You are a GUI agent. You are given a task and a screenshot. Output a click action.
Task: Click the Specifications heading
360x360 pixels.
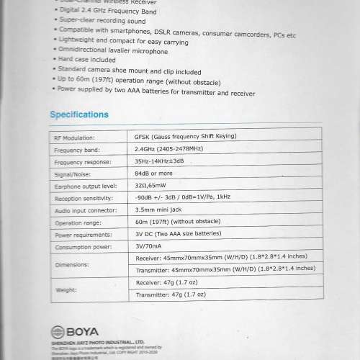coord(79,114)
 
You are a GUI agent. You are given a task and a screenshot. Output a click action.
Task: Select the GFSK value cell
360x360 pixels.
coord(185,137)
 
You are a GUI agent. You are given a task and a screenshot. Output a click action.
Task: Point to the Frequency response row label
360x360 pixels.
coord(83,162)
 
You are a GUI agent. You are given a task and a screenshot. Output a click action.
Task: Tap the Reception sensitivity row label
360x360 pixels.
coord(85,199)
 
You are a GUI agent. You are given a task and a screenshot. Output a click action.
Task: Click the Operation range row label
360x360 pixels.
coord(78,223)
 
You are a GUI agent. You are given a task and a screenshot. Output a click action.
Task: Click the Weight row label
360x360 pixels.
coord(66,289)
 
